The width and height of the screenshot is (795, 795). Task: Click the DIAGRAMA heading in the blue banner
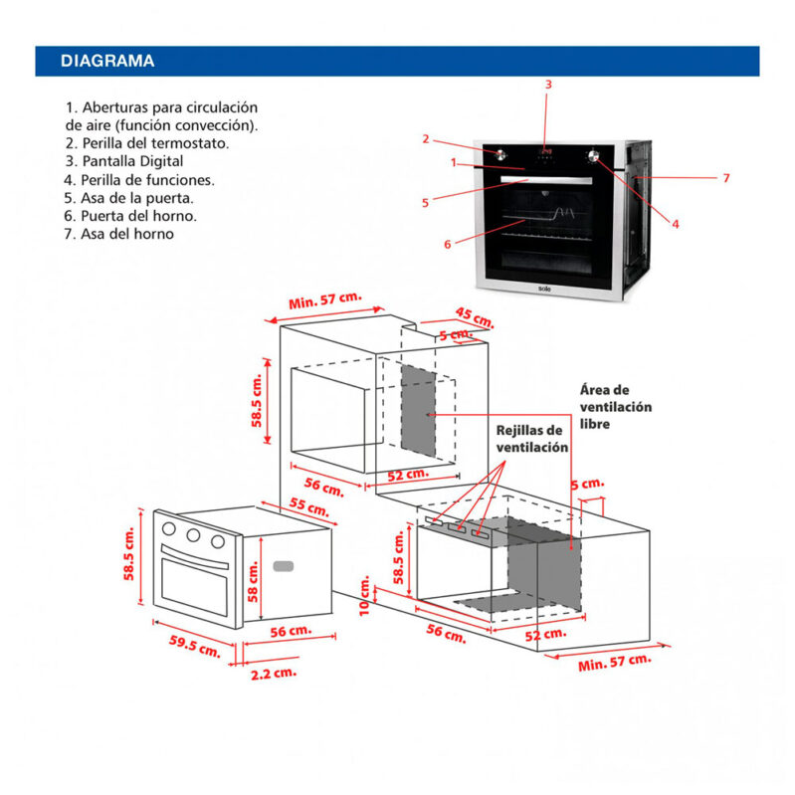[107, 62]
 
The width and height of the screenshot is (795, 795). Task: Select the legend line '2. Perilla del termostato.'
[146, 143]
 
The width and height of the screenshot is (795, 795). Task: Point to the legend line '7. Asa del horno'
[119, 234]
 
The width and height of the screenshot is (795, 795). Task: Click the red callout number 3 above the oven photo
[547, 85]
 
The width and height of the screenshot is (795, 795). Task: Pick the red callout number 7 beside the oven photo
[726, 178]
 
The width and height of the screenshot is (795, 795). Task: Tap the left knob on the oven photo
[499, 154]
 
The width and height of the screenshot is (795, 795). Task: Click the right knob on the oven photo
[595, 155]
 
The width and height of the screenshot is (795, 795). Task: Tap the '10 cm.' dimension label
[365, 592]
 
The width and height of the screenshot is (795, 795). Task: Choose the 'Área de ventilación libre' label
[616, 407]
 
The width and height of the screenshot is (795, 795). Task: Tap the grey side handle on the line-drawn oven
[284, 566]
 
